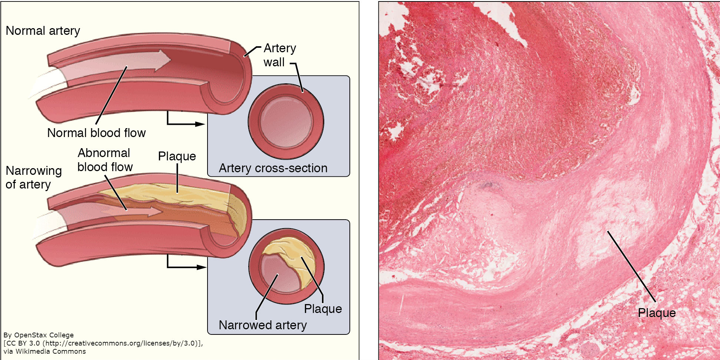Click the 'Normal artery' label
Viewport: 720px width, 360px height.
tap(43, 31)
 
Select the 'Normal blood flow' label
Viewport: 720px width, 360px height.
tap(96, 133)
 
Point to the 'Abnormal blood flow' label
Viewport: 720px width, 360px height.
tap(104, 160)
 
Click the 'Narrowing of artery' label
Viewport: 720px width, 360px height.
tap(33, 177)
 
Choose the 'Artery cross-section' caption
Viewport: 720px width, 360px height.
tap(273, 168)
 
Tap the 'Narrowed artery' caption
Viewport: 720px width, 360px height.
tap(263, 325)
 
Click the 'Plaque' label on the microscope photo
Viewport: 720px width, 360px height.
tap(657, 313)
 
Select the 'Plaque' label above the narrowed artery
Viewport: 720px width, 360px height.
tap(177, 156)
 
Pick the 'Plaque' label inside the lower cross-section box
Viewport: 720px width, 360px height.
tap(323, 309)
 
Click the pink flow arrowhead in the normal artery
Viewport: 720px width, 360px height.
tap(163, 60)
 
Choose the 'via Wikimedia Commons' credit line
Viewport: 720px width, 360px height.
tap(44, 351)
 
